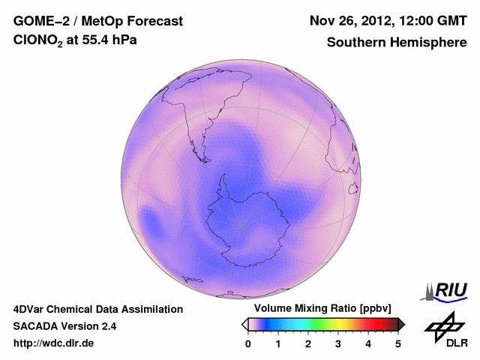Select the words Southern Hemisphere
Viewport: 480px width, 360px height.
[396, 43]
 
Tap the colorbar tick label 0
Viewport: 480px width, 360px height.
[248, 343]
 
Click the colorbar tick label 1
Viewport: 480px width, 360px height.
[278, 343]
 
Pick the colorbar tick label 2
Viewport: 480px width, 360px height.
[308, 343]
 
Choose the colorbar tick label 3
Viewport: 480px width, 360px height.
[338, 343]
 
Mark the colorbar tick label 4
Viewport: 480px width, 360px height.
[368, 343]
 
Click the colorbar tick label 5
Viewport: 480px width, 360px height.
[398, 343]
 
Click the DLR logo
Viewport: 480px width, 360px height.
[445, 331]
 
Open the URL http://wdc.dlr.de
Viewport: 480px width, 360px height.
[54, 343]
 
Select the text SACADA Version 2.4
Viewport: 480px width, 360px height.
[64, 326]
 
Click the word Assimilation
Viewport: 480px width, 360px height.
[148, 309]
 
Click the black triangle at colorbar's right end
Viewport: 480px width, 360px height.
[401, 324]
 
